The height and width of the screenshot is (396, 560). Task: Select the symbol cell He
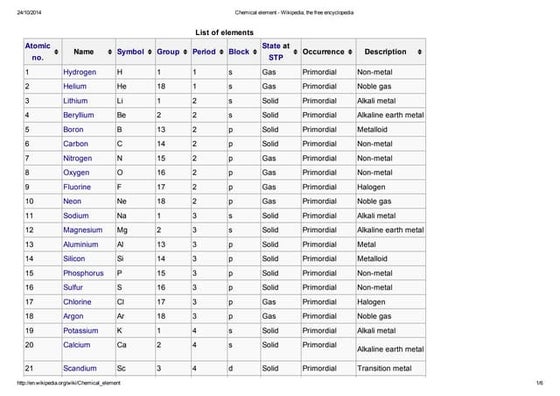pyautogui.click(x=121, y=87)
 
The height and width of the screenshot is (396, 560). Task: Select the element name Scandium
pyautogui.click(x=80, y=369)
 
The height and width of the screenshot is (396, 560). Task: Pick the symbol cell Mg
pyautogui.click(x=122, y=229)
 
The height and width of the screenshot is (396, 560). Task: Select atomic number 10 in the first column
pyautogui.click(x=30, y=201)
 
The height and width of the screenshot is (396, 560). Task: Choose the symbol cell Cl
pyautogui.click(x=121, y=301)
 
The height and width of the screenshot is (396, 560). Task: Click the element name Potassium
pyautogui.click(x=82, y=329)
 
